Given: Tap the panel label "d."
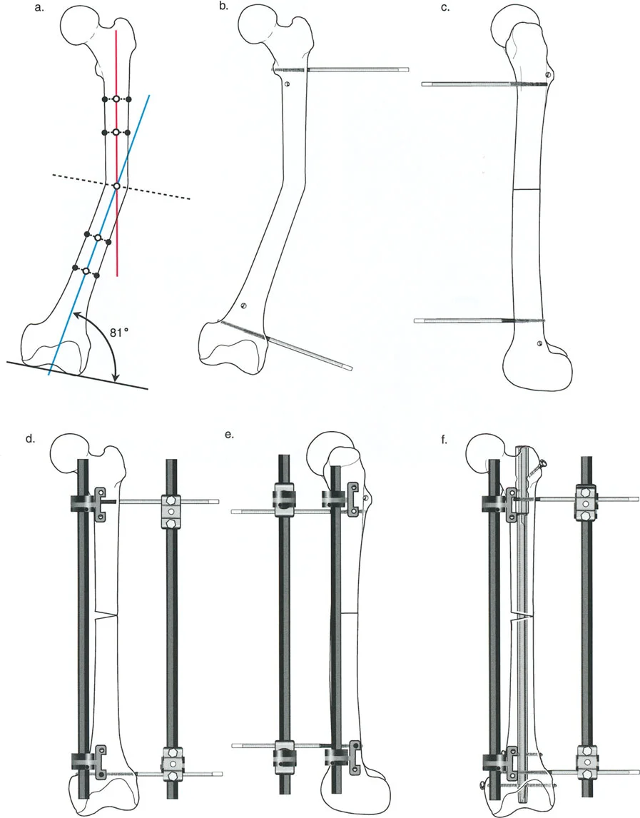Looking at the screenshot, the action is pos(30,438).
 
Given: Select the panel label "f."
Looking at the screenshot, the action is pos(445,440).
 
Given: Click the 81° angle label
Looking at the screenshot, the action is pos(119,332).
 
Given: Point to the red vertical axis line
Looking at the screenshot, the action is pos(117,152).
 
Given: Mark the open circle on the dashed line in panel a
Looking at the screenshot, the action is pos(117,186).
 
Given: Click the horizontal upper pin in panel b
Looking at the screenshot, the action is pos(340,69).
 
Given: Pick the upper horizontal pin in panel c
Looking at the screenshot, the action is pos(484,84).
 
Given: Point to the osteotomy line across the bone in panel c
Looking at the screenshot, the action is pos(526,188).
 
